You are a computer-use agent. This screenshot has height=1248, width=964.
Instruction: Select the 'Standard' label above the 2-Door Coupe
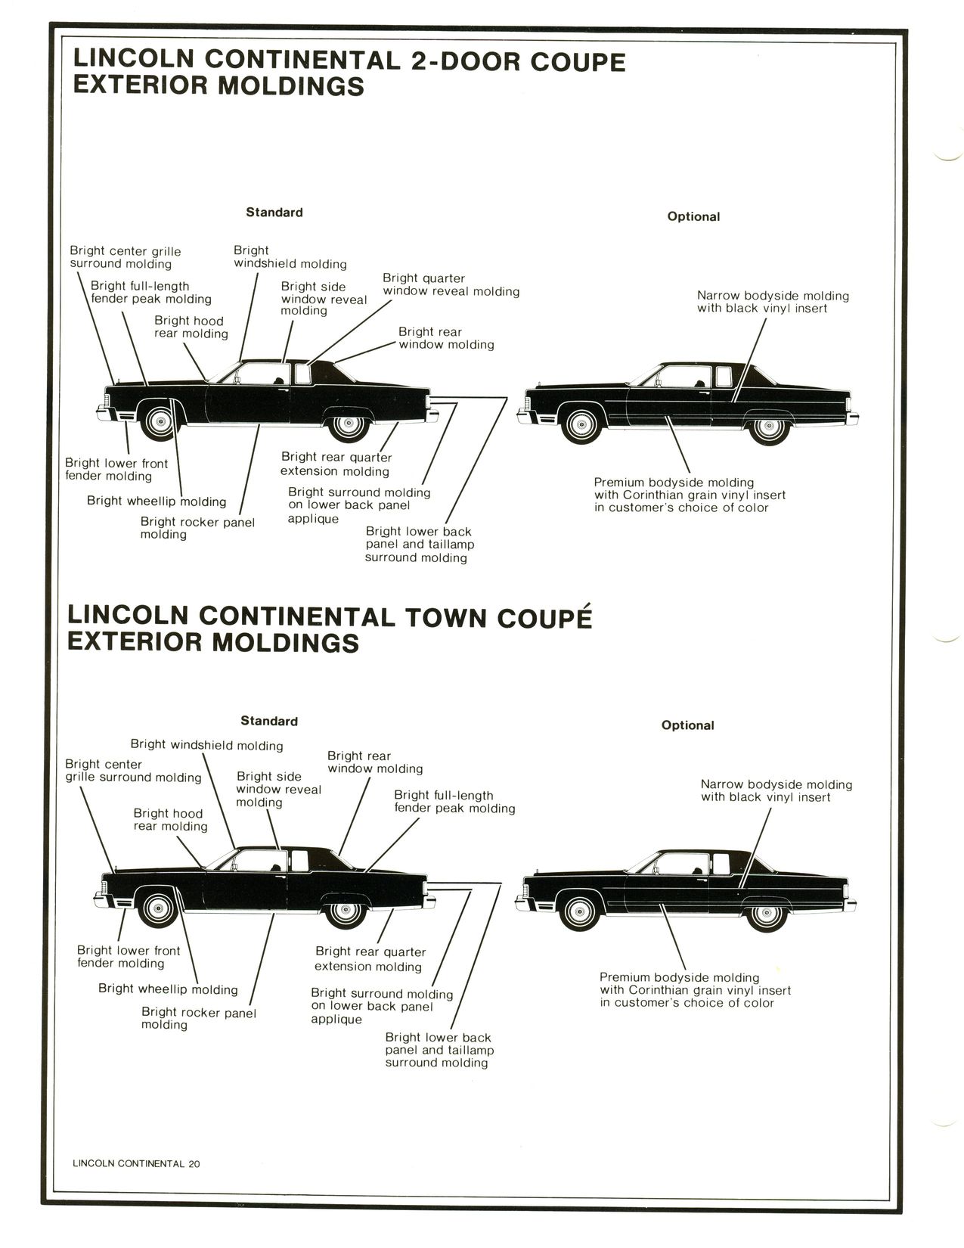(x=274, y=213)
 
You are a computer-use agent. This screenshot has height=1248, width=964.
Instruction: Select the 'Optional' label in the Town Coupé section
(x=687, y=725)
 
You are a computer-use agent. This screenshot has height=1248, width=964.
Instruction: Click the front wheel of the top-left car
(x=160, y=422)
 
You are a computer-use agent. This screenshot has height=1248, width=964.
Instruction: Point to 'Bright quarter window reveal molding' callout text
(x=451, y=285)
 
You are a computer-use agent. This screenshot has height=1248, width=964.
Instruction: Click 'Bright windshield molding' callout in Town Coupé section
(x=206, y=745)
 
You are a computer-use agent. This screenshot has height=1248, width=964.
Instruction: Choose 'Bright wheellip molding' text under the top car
(x=157, y=501)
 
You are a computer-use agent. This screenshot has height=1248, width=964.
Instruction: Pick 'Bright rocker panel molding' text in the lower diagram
(x=198, y=1018)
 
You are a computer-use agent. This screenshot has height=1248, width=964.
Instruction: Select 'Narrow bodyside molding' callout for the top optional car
(x=773, y=302)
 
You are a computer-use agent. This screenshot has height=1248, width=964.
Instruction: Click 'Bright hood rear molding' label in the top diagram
(x=191, y=328)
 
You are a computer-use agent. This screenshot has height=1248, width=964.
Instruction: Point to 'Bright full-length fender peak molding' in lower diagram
(x=454, y=802)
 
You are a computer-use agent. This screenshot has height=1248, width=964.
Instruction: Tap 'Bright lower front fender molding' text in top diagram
(x=116, y=470)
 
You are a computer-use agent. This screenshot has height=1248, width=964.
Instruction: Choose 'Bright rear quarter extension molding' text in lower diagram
(x=370, y=959)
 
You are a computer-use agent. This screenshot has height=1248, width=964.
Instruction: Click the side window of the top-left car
(x=261, y=376)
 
